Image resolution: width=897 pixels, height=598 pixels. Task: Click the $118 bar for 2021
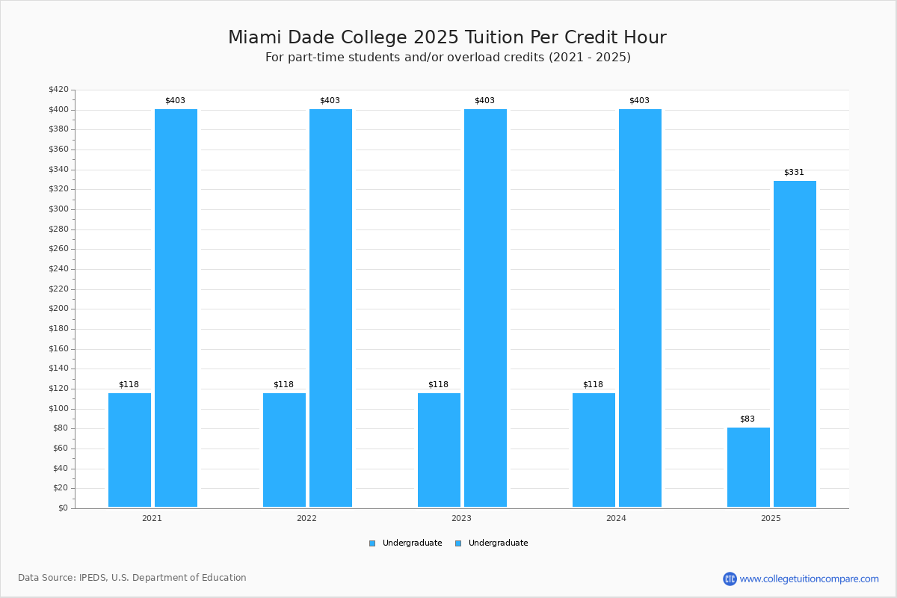click(x=129, y=450)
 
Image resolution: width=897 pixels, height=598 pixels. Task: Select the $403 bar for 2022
click(x=330, y=308)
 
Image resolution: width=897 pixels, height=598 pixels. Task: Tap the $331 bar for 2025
click(x=795, y=344)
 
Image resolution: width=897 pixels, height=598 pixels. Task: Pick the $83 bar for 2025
click(x=748, y=467)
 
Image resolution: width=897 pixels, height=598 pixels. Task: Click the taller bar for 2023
click(x=485, y=308)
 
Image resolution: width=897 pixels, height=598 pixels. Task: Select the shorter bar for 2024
click(x=594, y=450)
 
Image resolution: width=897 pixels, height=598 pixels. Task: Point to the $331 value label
click(x=794, y=172)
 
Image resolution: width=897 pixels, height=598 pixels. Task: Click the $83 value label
click(x=747, y=419)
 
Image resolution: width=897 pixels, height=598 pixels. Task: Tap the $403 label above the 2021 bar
click(x=175, y=100)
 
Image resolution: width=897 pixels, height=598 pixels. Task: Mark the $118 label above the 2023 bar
click(x=438, y=384)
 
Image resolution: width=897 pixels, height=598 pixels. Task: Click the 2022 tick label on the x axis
click(x=306, y=518)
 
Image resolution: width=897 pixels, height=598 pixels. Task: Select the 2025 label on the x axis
click(x=771, y=518)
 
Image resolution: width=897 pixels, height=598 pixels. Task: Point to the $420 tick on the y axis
click(x=58, y=90)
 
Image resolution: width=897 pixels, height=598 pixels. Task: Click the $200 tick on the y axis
click(x=58, y=309)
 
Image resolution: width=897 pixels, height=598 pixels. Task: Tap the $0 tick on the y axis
click(x=63, y=508)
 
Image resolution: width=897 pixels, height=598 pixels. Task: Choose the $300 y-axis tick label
click(x=58, y=209)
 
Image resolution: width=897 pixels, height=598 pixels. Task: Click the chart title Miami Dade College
click(x=447, y=37)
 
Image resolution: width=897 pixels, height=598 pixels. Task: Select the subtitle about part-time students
click(x=448, y=58)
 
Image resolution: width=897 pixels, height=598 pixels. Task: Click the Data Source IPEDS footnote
click(x=132, y=578)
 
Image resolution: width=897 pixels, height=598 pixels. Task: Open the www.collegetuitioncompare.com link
click(x=809, y=579)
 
